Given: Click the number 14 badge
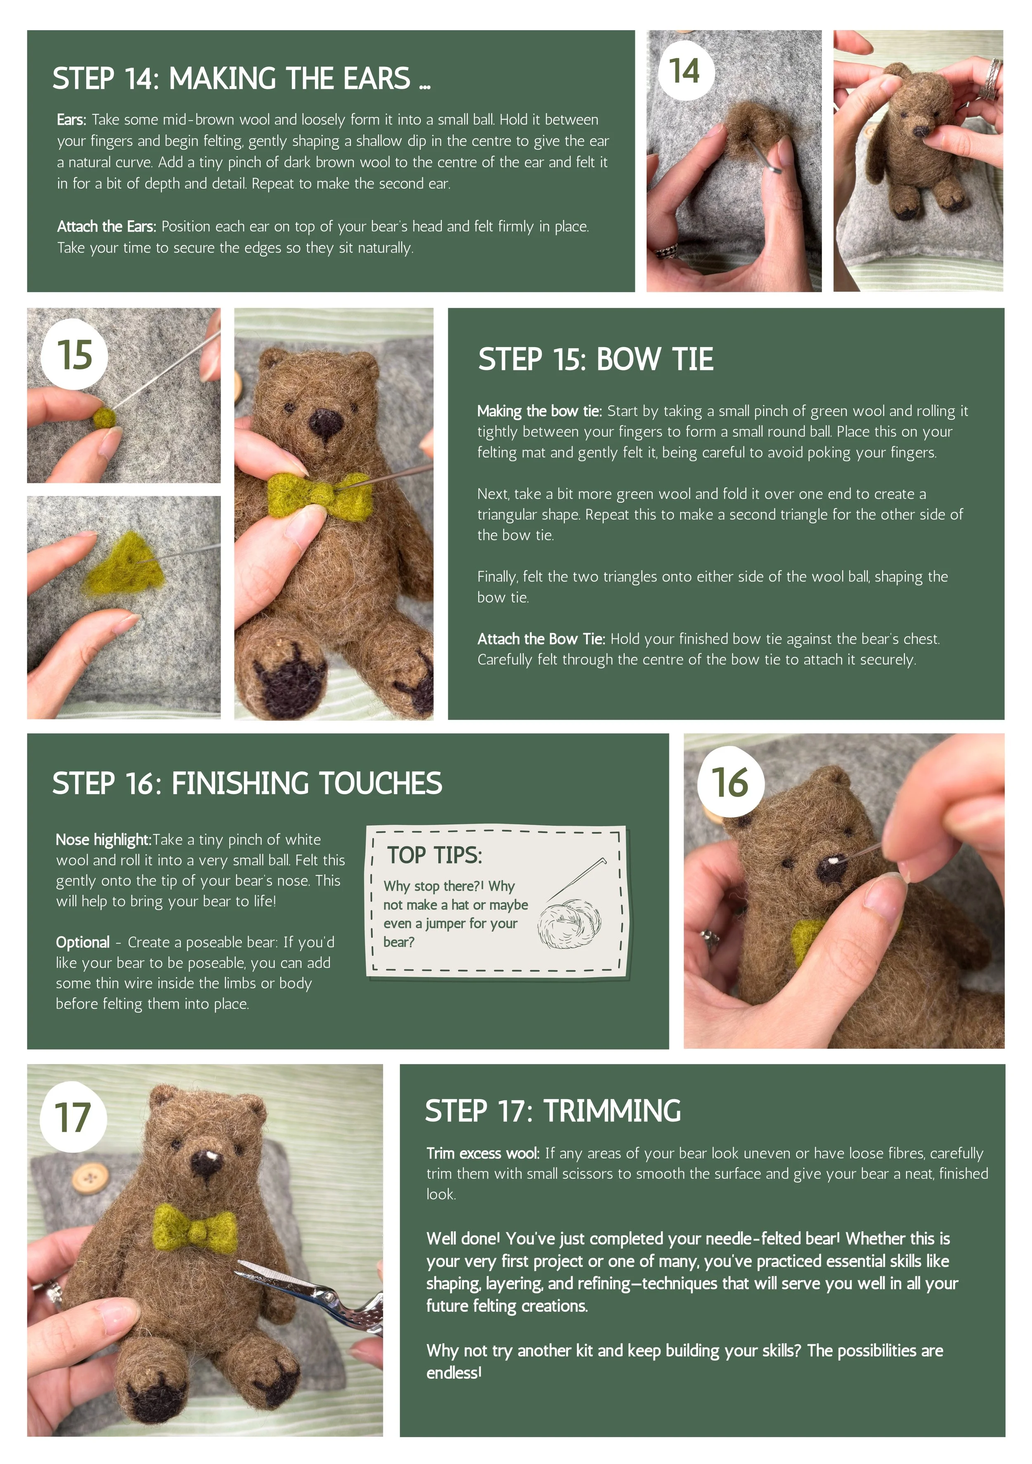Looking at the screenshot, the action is click(686, 70).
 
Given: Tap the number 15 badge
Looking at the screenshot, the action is click(74, 355).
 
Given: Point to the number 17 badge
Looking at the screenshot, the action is click(73, 1117).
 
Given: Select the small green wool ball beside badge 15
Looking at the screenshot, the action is click(104, 419).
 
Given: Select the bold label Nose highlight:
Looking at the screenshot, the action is click(103, 840).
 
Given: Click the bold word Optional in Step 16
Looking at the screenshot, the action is click(83, 942).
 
